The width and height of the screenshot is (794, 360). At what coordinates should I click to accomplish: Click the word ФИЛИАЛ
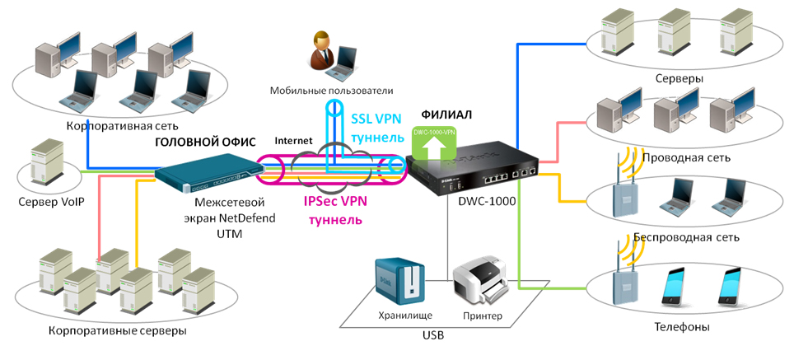pyautogui.click(x=446, y=114)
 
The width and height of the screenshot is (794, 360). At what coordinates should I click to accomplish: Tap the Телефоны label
pyautogui.click(x=682, y=326)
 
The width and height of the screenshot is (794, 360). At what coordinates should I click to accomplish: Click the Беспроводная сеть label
pyautogui.click(x=686, y=237)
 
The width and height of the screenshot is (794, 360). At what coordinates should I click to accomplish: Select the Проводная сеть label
pyautogui.click(x=686, y=157)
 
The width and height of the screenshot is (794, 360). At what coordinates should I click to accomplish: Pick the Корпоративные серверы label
pyautogui.click(x=104, y=330)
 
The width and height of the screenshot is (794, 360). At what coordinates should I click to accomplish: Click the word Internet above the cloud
pyautogui.click(x=293, y=141)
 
